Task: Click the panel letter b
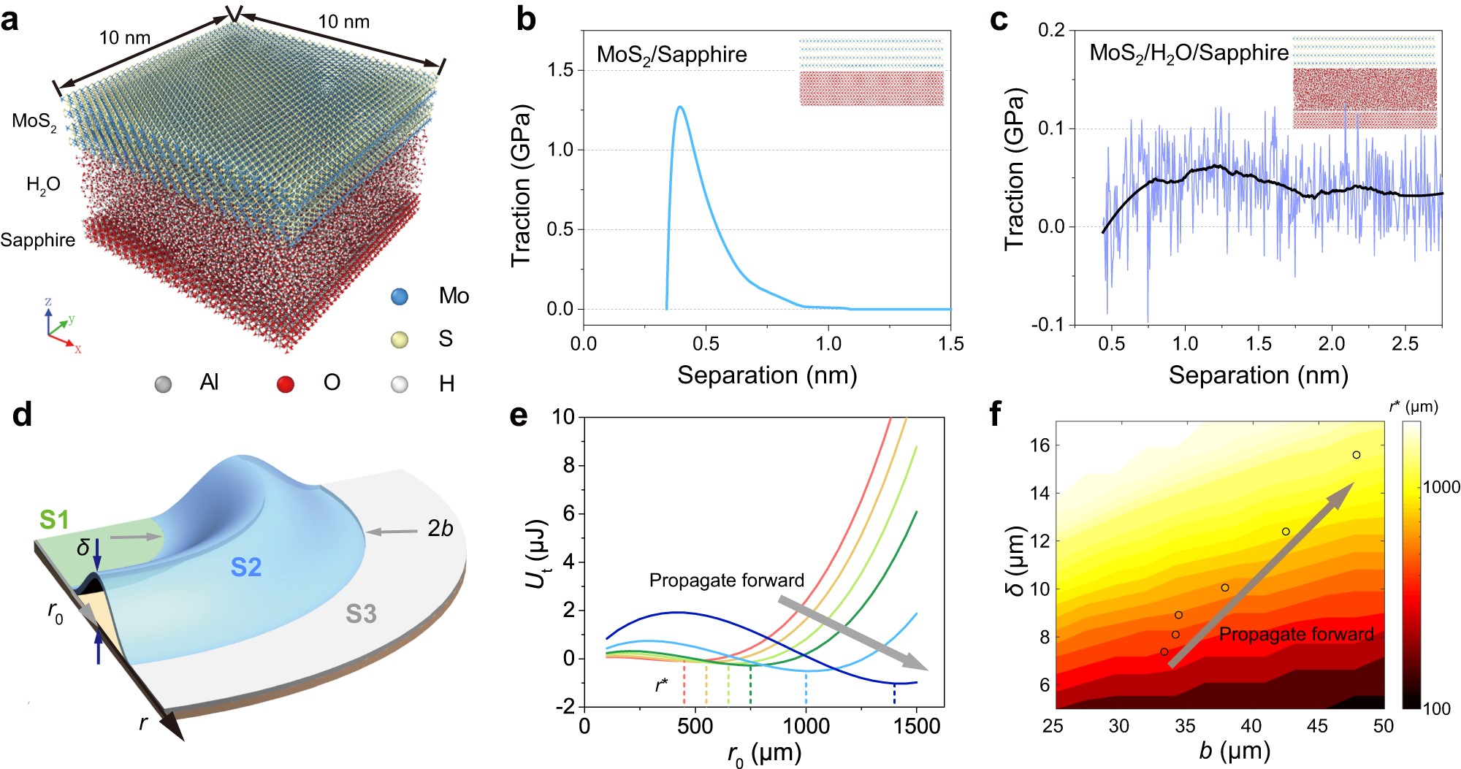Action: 526,19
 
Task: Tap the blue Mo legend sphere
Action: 400,296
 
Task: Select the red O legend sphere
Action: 286,383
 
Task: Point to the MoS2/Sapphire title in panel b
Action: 671,56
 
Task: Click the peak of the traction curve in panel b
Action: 680,107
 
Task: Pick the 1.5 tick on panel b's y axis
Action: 560,70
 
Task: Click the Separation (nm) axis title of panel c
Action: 1258,375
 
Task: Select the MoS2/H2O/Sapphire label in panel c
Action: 1189,53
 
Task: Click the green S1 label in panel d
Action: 54,519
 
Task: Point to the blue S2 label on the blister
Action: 245,567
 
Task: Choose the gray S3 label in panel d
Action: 361,614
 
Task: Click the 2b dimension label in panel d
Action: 440,528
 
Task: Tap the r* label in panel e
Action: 661,685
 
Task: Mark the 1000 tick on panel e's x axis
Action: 806,727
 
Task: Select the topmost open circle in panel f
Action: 1357,455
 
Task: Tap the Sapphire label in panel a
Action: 38,240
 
